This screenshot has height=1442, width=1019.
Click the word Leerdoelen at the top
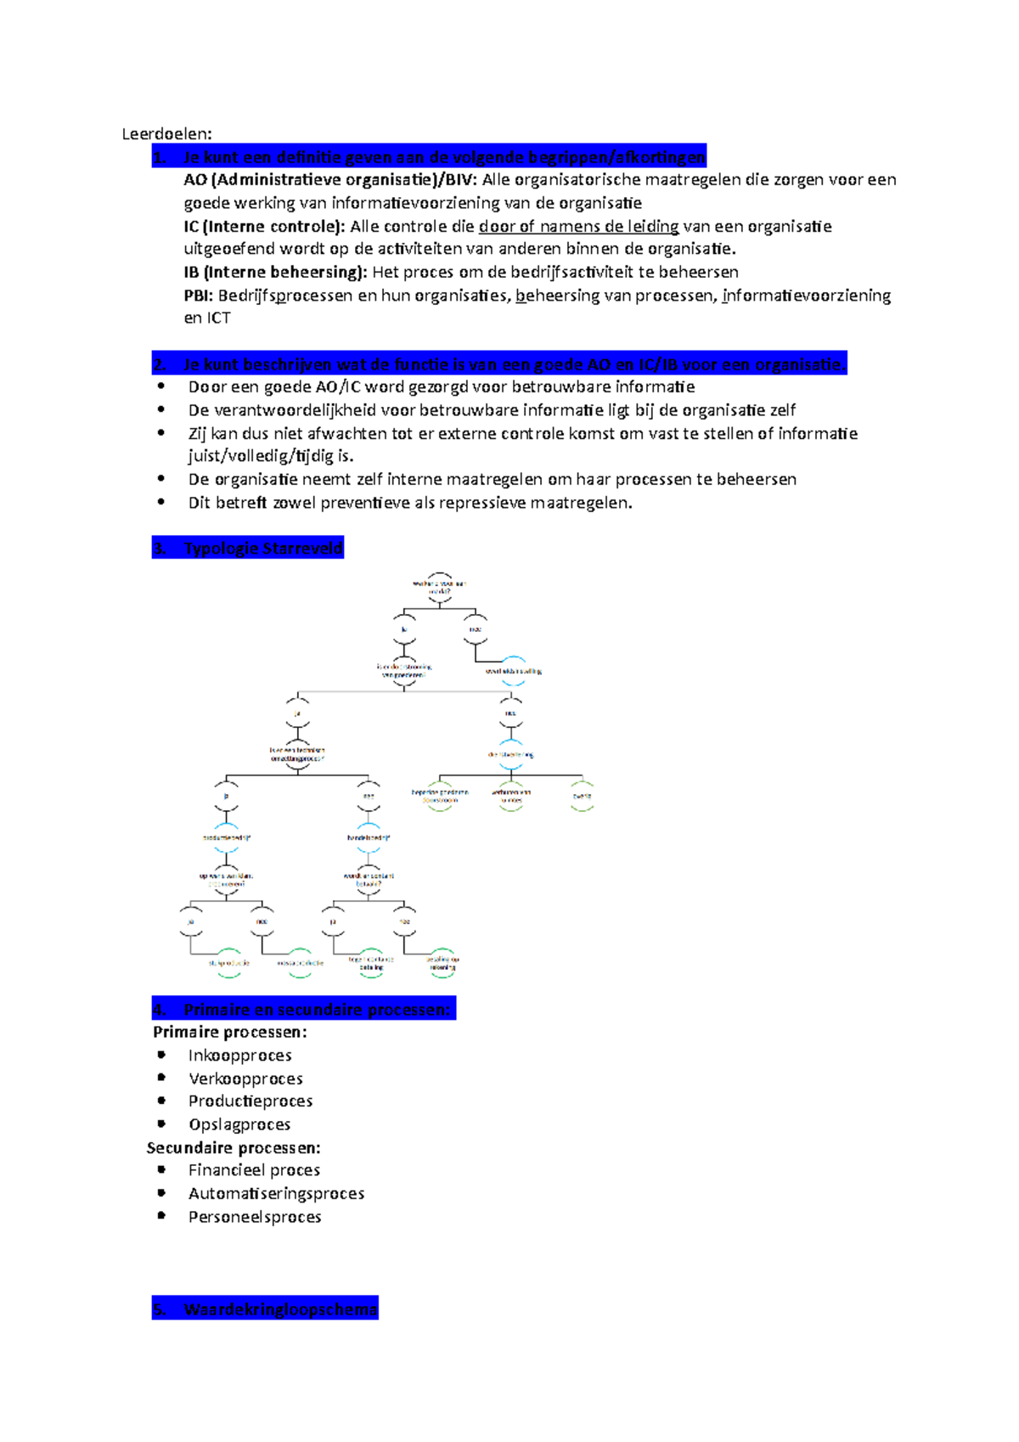[x=166, y=133]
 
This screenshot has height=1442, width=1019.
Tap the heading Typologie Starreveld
[x=262, y=549]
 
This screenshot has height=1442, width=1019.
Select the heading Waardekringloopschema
[x=279, y=1310]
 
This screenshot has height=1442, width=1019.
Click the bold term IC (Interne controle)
[x=264, y=227]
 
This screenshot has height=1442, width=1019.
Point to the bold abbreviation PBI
[x=198, y=296]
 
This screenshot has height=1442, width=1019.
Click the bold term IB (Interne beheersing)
[x=275, y=273]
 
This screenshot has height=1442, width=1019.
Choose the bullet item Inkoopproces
[x=239, y=1056]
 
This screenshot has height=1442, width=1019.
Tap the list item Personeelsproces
[x=255, y=1217]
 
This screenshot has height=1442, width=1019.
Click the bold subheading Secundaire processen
[x=234, y=1148]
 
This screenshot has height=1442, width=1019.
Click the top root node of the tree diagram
[x=439, y=587]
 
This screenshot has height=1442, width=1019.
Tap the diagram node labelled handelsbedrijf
[x=369, y=837]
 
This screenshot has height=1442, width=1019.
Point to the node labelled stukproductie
[x=229, y=963]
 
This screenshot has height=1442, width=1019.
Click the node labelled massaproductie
[x=300, y=963]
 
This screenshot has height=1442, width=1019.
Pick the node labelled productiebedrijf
[x=227, y=837]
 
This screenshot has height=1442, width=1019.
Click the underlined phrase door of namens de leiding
[x=578, y=227]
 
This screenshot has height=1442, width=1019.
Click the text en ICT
[x=207, y=318]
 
